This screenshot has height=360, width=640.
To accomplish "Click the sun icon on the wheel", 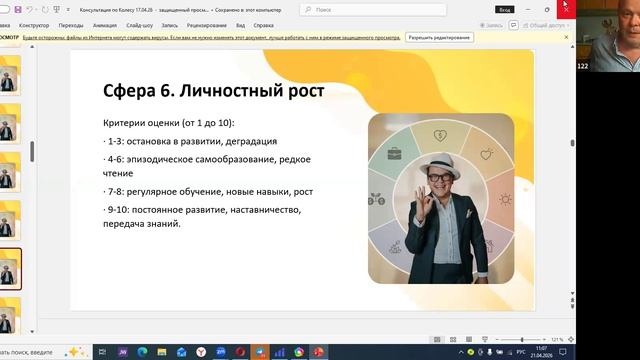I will click(x=505, y=198).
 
